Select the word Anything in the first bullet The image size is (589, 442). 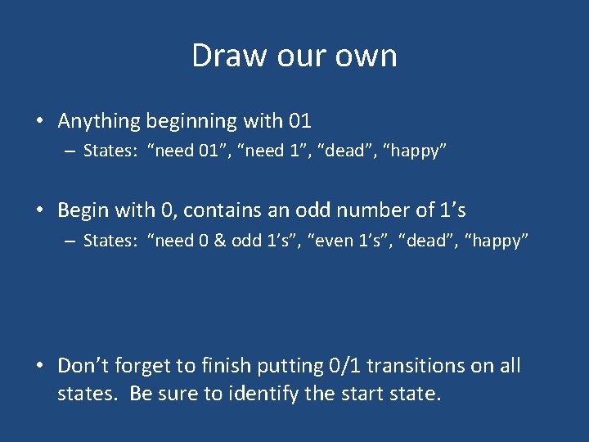click(x=99, y=122)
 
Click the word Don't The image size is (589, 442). click(x=86, y=366)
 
